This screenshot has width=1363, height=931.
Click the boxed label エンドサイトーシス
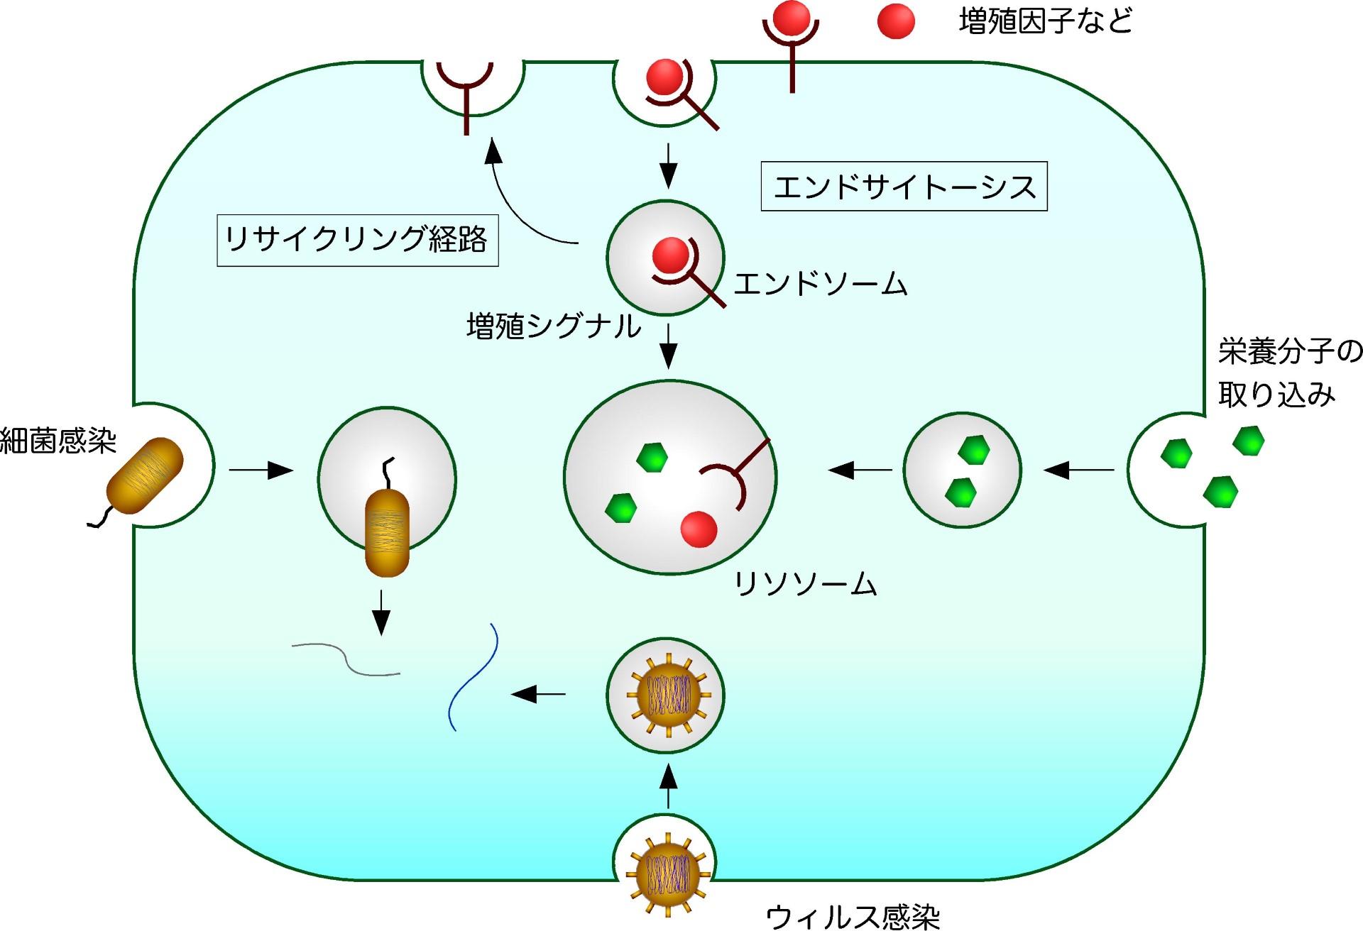tap(904, 187)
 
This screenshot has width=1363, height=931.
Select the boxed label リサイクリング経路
tap(357, 240)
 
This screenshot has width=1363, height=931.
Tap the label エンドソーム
tap(820, 284)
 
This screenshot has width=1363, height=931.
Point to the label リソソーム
tap(806, 584)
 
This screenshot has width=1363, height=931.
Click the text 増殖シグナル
tap(553, 326)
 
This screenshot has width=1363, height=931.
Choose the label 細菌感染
tap(58, 441)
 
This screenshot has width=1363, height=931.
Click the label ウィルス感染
tap(853, 916)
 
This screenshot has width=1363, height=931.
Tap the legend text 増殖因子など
tap(1045, 21)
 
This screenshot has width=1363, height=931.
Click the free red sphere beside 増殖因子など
tap(896, 21)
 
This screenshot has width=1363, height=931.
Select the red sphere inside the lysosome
tap(699, 529)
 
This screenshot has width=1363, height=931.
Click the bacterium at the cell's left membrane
tap(145, 475)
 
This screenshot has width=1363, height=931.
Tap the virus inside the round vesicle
tap(667, 694)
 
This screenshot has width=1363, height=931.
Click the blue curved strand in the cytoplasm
tap(474, 678)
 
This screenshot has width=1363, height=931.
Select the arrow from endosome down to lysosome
tap(668, 346)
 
